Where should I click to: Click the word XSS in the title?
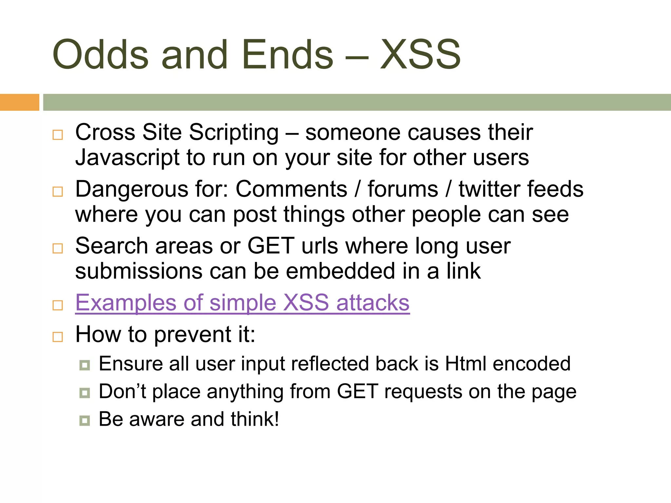420,55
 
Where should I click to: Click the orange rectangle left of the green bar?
19,102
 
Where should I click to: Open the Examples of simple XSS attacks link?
242,303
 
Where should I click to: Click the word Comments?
291,189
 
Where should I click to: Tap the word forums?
403,189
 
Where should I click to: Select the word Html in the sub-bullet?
466,364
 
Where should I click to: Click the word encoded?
531,364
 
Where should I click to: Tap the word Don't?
122,391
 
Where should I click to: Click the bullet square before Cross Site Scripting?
58,135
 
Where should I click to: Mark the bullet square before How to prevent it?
58,337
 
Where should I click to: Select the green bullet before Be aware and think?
85,420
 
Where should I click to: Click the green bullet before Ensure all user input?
85,365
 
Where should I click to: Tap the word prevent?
193,335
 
